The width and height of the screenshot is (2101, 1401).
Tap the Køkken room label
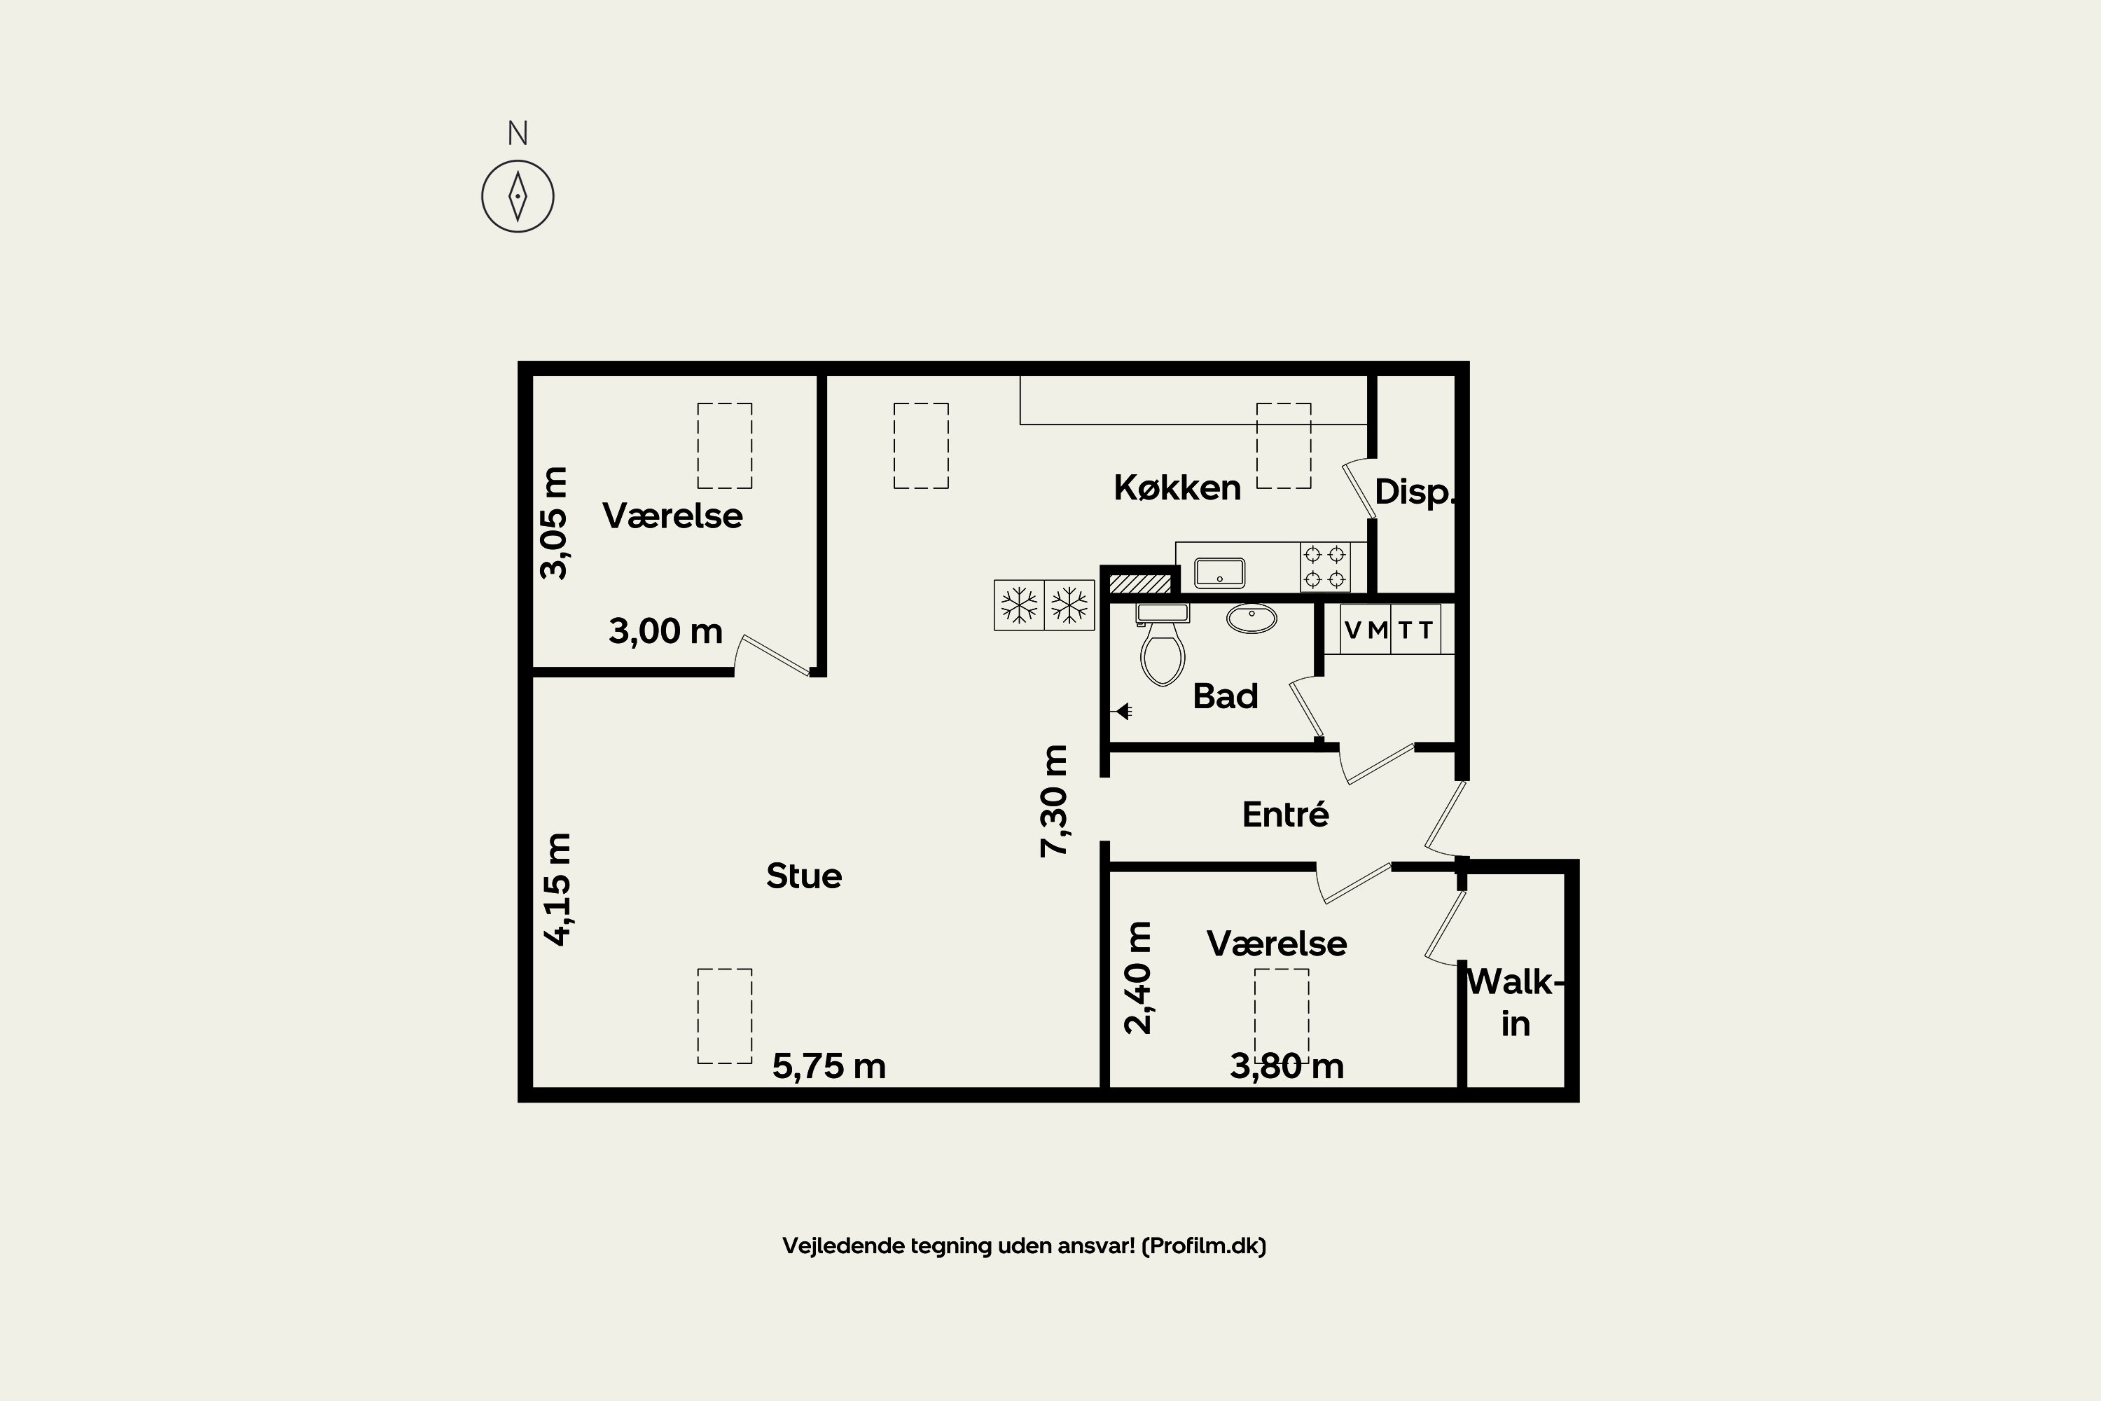point(1177,488)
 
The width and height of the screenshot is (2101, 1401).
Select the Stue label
point(803,876)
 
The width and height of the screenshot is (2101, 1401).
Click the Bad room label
point(1225,696)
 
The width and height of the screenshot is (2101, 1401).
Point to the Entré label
point(1284,814)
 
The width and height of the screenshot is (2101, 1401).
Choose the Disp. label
point(1414,492)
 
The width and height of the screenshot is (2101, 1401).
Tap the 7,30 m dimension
point(1054,801)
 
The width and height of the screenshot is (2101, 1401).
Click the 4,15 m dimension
point(557,889)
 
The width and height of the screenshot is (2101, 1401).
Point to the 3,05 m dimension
point(554,523)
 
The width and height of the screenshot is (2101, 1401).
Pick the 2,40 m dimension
point(1137,977)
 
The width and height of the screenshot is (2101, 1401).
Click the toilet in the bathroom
point(1162,643)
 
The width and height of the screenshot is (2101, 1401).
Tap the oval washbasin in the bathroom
point(1251,619)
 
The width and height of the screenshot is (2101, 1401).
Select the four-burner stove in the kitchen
point(1325,567)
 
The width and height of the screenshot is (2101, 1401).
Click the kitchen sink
point(1219,572)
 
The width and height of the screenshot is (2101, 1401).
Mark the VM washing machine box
point(1366,629)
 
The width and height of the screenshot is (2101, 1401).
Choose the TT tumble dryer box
point(1416,629)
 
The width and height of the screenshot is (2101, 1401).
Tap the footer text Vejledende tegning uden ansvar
point(1024,1245)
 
